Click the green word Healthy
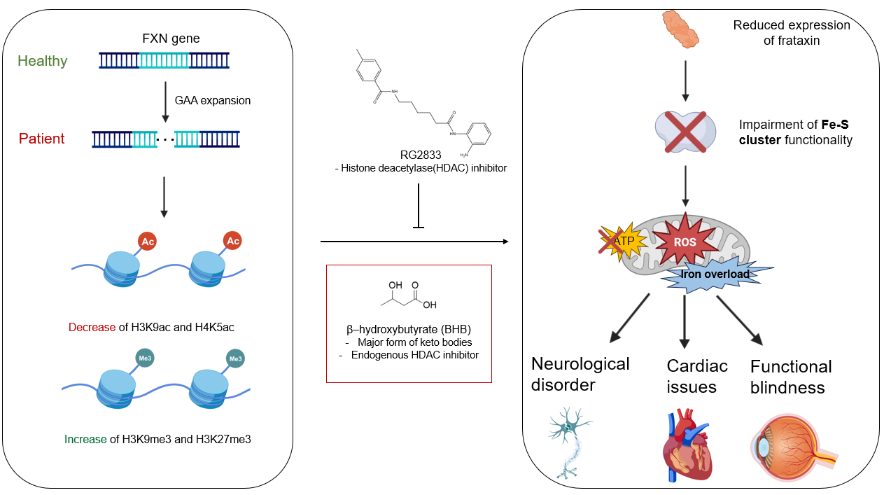pyautogui.click(x=43, y=61)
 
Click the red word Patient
pyautogui.click(x=41, y=139)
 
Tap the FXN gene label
pyautogui.click(x=171, y=39)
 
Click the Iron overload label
pyautogui.click(x=715, y=274)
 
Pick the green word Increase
pyautogui.click(x=85, y=440)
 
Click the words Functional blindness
pyautogui.click(x=791, y=377)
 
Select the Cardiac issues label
pyautogui.click(x=697, y=375)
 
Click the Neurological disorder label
pyautogui.click(x=580, y=374)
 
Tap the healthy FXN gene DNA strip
pyautogui.click(x=164, y=61)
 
